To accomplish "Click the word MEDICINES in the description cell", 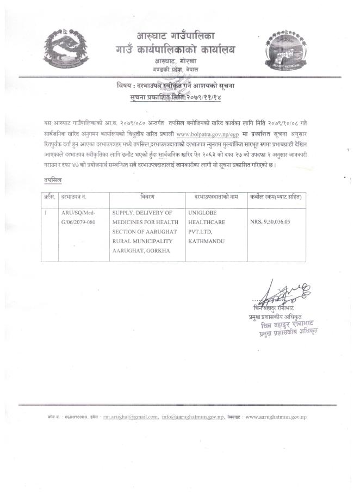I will [x=129, y=222].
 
